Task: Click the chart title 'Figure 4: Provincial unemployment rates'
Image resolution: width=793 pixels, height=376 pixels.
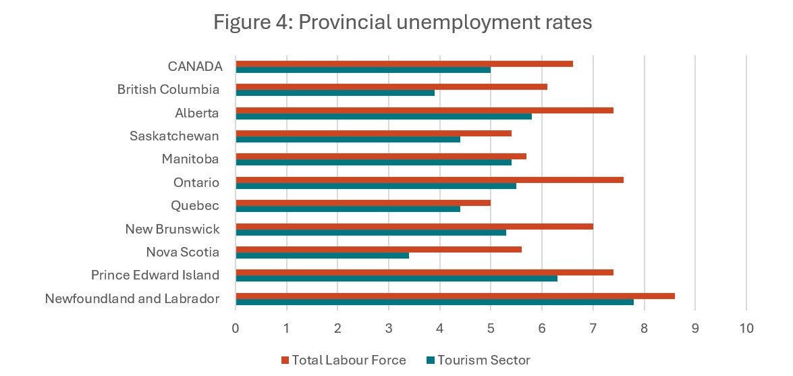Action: (x=402, y=22)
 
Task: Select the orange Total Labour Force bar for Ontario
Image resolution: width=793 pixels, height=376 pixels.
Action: (x=429, y=180)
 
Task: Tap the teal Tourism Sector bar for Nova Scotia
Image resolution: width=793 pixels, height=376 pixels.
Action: (x=322, y=255)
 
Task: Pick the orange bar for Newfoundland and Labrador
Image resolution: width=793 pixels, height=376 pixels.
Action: (x=455, y=296)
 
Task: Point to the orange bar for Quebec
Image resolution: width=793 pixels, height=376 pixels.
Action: (x=363, y=203)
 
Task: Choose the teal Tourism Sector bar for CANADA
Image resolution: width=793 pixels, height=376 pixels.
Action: (x=363, y=70)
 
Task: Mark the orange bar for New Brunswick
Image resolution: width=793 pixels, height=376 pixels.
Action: (x=414, y=226)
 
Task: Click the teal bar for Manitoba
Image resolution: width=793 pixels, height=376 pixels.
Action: (x=373, y=162)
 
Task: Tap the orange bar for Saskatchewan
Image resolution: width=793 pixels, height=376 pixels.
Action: (x=373, y=133)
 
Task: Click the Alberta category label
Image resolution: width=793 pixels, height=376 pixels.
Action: (x=197, y=113)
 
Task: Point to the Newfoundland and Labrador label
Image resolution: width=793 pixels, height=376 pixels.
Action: (x=132, y=298)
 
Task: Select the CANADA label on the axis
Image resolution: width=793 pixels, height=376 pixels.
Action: (x=195, y=66)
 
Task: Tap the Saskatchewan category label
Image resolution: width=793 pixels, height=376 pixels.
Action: (x=174, y=136)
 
